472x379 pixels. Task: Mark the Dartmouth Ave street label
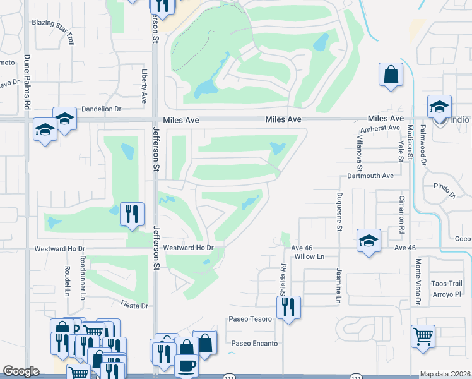point(370,176)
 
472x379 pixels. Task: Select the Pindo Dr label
point(444,187)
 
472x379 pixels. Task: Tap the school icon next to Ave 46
point(369,241)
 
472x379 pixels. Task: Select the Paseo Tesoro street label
point(250,319)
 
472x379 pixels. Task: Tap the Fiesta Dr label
point(135,306)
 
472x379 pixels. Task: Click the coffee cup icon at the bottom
point(186,366)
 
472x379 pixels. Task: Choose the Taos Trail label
point(447,284)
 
